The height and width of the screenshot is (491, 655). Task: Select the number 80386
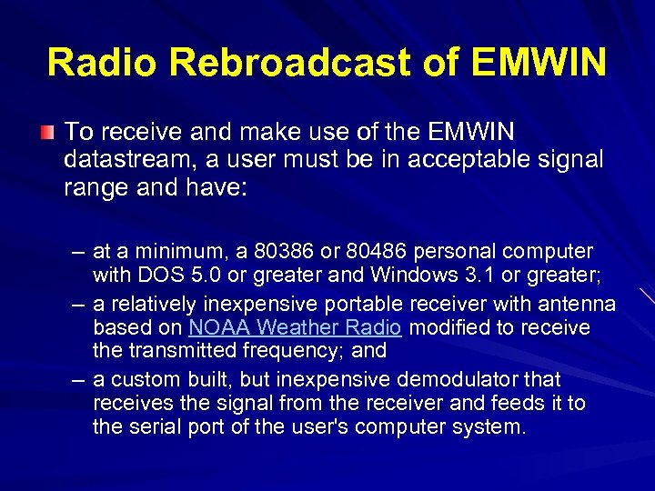pos(285,252)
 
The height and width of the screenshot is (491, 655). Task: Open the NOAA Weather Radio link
pos(295,327)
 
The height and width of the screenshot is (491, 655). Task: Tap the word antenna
pos(581,303)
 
